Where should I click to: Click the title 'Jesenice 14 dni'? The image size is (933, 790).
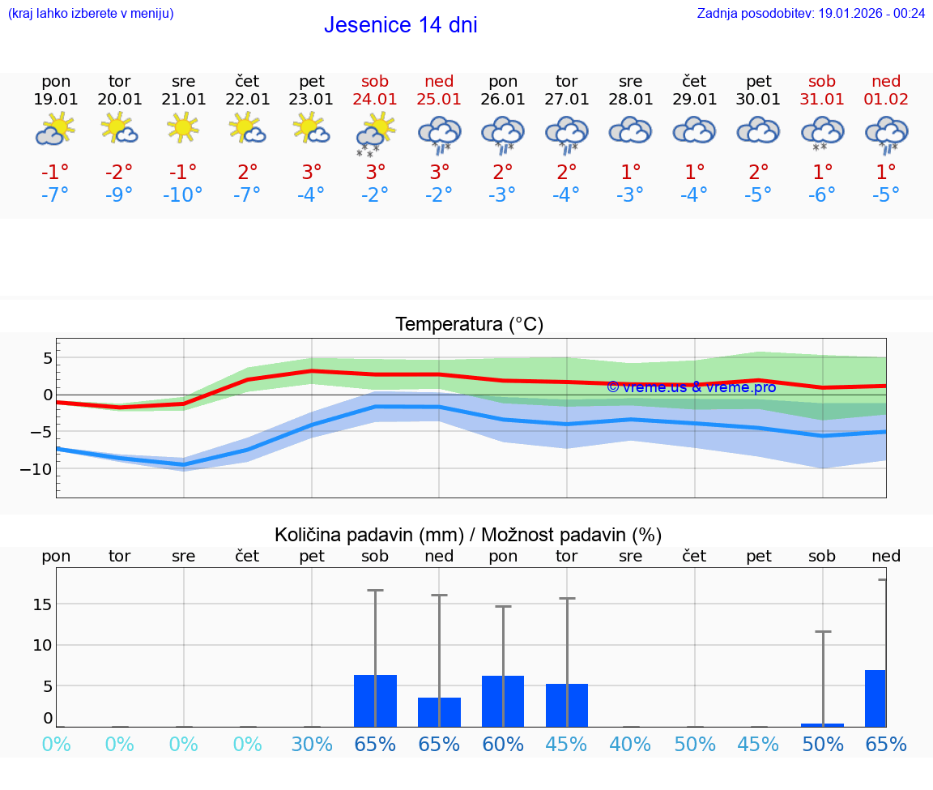400,25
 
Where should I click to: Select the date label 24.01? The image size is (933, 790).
375,100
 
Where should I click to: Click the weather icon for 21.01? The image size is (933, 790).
183,128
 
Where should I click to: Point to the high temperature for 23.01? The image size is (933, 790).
312,172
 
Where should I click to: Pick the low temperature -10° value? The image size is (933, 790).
183,195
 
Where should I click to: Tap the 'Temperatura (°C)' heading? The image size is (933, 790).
469,325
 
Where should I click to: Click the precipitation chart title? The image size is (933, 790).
468,535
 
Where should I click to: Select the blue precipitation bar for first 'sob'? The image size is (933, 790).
375,701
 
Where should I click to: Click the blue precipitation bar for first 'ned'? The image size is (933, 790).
439,712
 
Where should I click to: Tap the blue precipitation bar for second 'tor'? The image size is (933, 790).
567,706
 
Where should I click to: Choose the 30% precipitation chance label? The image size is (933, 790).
312,745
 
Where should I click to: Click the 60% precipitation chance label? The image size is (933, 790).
503,745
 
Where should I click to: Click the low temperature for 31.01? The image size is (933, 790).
822,195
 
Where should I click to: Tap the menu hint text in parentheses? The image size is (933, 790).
91,13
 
